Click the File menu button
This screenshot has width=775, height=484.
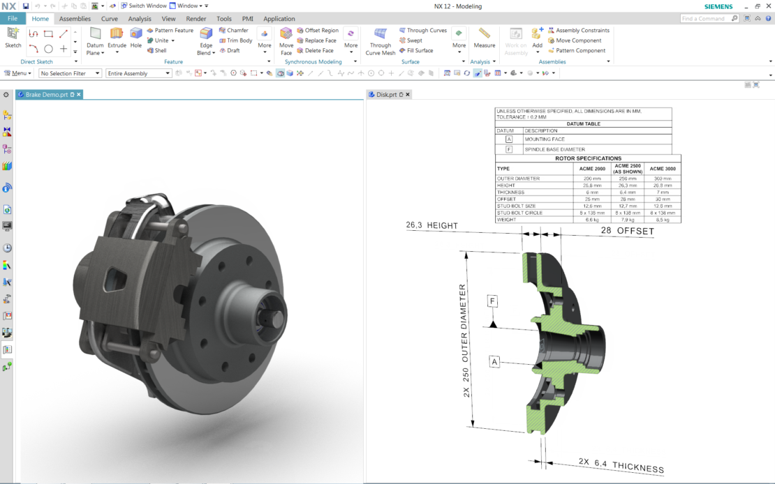(13, 19)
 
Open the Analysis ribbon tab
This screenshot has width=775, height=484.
(140, 19)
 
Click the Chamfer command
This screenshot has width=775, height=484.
(234, 31)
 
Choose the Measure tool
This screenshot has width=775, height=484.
(484, 38)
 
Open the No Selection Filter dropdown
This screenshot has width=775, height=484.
(70, 73)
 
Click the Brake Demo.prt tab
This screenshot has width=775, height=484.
(47, 94)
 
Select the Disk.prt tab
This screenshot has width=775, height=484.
(387, 94)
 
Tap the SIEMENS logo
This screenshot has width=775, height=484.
(718, 6)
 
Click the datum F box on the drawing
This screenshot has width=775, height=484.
(493, 301)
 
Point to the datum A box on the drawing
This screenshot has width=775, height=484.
(494, 362)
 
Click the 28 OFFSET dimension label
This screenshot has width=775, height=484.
(626, 231)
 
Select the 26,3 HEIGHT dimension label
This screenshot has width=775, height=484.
(433, 225)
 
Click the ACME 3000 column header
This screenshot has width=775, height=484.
(663, 169)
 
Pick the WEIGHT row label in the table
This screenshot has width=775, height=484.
(506, 220)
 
